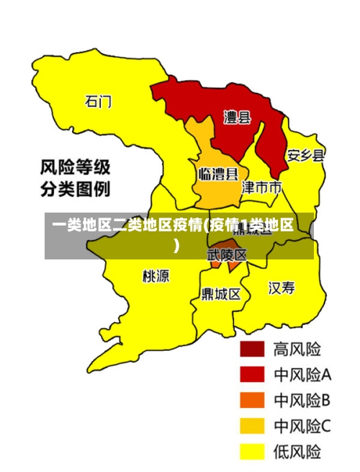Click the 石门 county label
(x=98, y=102)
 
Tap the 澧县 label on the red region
(x=236, y=117)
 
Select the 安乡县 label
(x=305, y=155)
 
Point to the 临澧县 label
(x=217, y=174)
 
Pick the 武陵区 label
(x=227, y=255)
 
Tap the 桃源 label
(x=156, y=275)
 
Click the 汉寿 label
(x=282, y=288)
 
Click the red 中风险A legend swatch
(x=253, y=374)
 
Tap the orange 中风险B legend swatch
(x=253, y=400)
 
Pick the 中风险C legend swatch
(x=253, y=426)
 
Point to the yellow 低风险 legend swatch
(x=253, y=451)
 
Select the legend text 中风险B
(x=302, y=400)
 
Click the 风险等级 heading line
(x=75, y=169)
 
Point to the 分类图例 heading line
(x=75, y=190)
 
